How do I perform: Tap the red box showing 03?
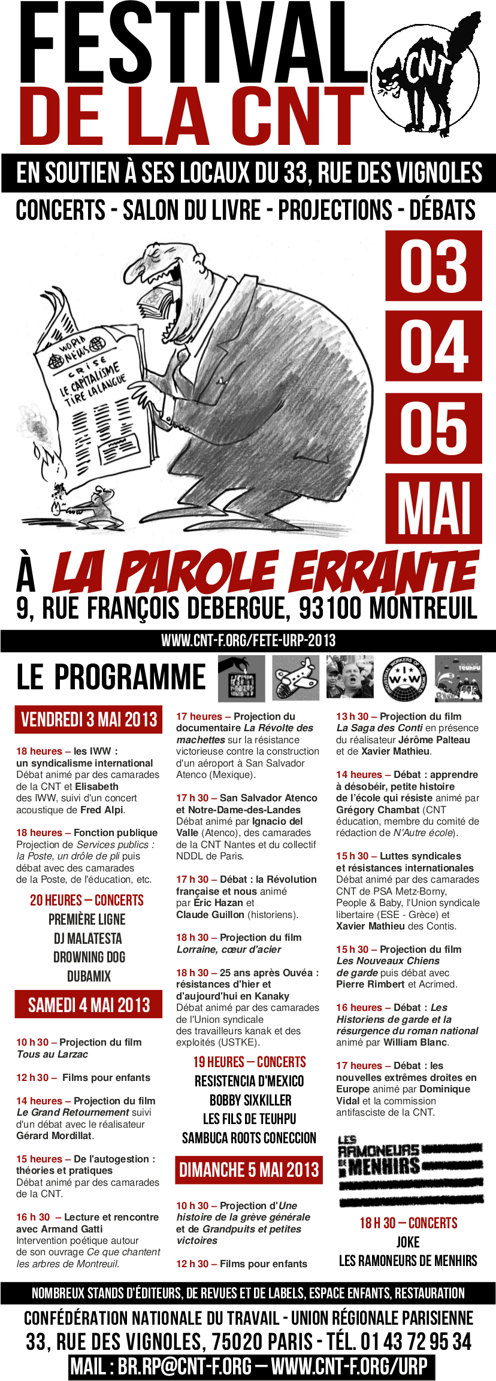[433, 266]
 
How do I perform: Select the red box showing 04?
[433, 346]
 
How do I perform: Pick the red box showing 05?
[433, 427]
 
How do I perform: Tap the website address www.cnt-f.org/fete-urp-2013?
[248, 640]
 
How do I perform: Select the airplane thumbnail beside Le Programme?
[296, 678]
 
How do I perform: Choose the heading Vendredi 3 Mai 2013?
[89, 719]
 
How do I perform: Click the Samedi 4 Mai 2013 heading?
[89, 1004]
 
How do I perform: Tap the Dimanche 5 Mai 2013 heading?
[249, 1170]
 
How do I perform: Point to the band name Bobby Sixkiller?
[250, 1100]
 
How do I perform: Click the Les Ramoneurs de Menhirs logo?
[408, 1171]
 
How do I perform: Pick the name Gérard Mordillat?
[55, 1135]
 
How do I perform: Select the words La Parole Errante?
[264, 573]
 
